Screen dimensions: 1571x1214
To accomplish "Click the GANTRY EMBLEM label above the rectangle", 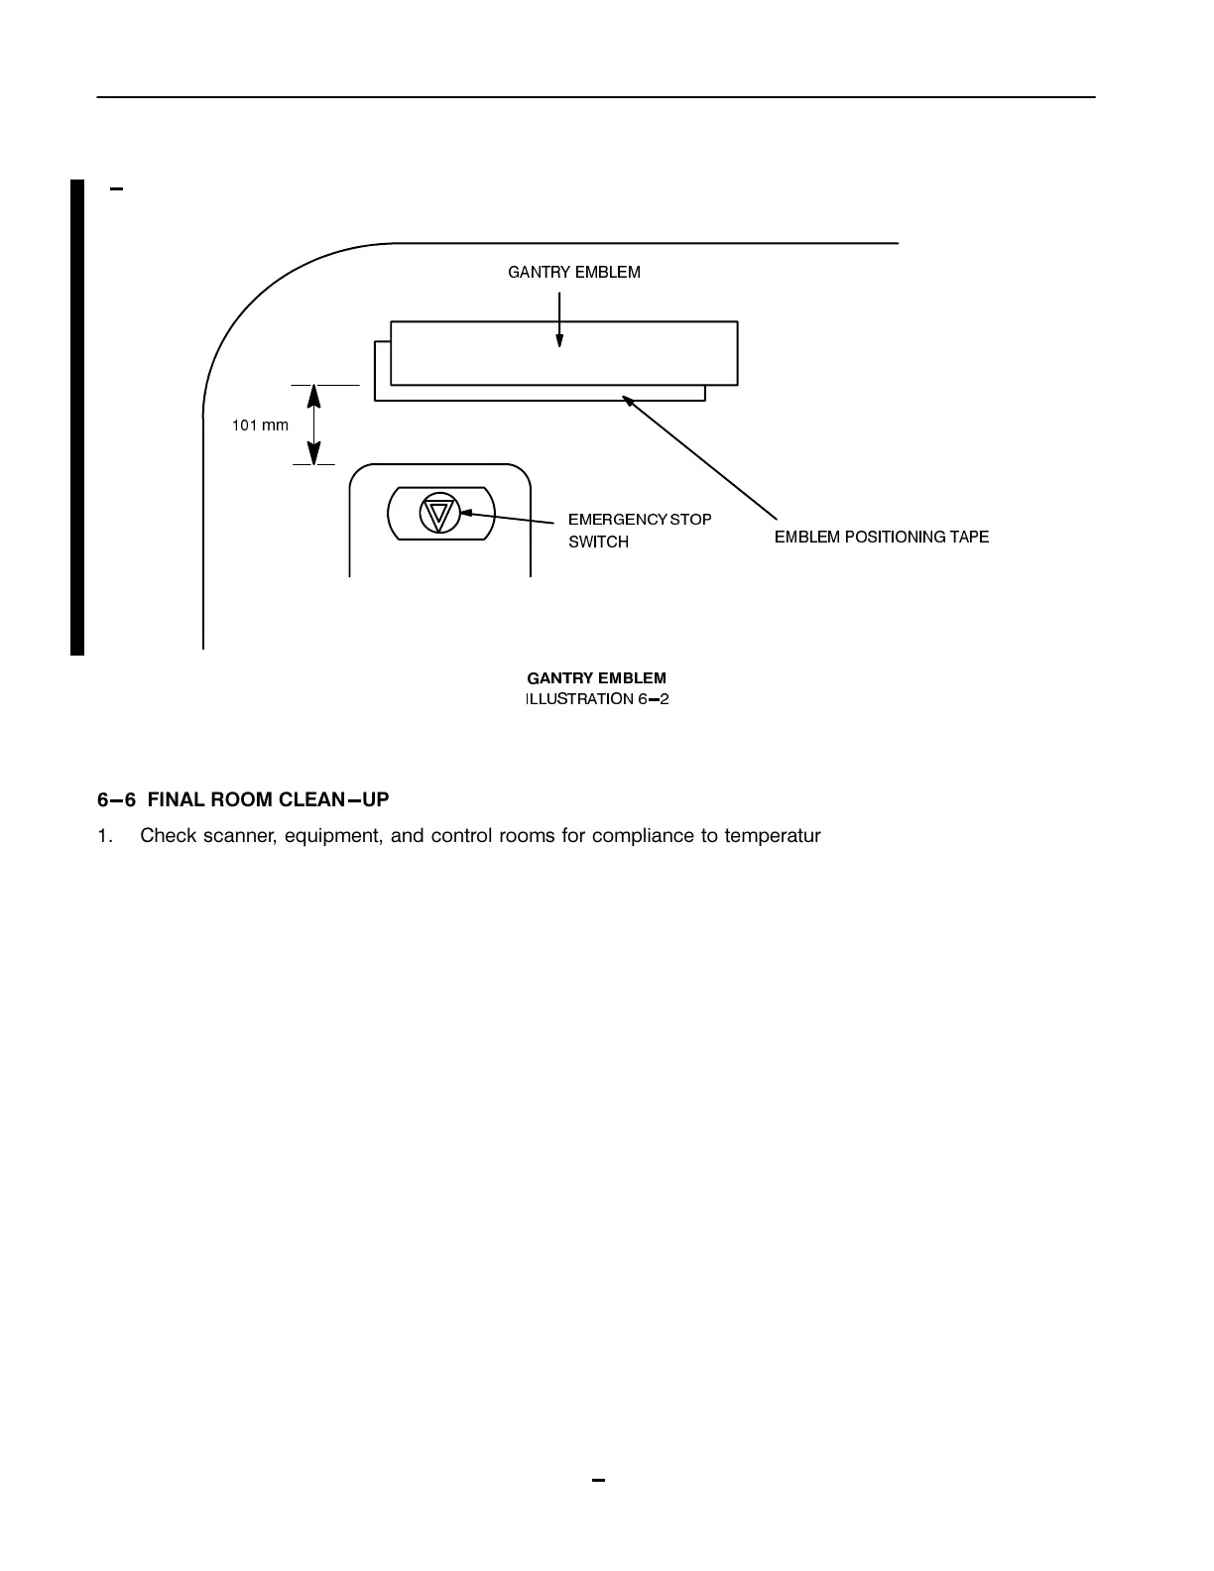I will point(573,272).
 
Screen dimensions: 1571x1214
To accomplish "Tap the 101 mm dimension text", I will point(260,425).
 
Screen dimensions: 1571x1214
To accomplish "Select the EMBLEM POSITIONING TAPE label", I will point(881,537).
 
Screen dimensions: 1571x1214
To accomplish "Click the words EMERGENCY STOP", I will point(639,519).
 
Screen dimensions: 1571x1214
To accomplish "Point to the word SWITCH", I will point(598,542).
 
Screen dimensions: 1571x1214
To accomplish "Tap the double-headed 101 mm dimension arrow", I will point(313,424).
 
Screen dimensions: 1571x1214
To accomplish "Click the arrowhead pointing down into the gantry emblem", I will point(559,339).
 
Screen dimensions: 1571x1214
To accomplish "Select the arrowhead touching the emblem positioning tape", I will point(627,399).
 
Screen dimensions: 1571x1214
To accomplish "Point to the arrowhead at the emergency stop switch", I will point(465,513).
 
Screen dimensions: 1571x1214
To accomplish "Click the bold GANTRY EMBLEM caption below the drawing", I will point(596,678).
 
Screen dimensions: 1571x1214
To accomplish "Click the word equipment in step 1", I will point(333,835).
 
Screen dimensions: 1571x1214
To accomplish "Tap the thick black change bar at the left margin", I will point(77,417).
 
